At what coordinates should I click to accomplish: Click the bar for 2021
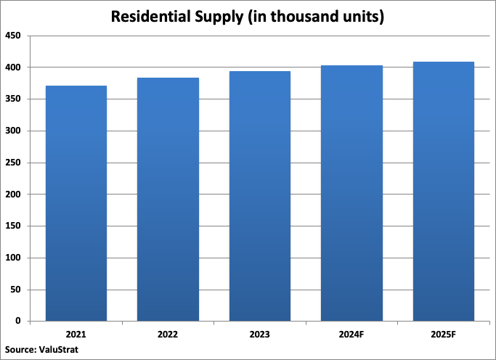coord(76,203)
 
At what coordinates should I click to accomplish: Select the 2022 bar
coord(168,199)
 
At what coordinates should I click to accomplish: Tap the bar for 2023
coord(260,196)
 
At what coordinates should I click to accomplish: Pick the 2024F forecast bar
coord(351,193)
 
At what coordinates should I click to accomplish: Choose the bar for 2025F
coord(443,191)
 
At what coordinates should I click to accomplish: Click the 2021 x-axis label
coord(76,335)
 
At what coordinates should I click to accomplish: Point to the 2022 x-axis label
coord(168,335)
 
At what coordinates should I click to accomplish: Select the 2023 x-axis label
coord(260,335)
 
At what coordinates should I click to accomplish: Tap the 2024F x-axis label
coord(351,335)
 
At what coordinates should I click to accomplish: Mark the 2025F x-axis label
coord(443,335)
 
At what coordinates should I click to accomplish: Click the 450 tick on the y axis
coord(13,36)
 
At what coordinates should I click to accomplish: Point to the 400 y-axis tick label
coord(13,67)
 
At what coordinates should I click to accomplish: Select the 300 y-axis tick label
coord(13,131)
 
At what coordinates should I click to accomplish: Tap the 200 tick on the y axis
coord(13,195)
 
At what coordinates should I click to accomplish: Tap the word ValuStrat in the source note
coord(58,350)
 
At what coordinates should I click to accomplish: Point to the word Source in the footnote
coord(20,350)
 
